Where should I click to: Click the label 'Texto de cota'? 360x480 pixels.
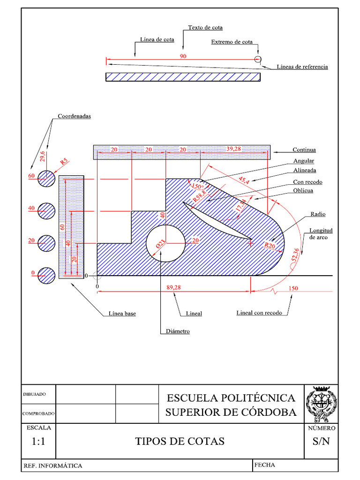[x=205, y=28]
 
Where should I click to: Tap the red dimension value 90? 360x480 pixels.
[x=183, y=56]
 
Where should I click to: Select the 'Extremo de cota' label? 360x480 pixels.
[x=232, y=42]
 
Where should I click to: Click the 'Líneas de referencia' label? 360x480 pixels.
[x=302, y=67]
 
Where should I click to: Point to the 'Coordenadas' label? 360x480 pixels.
[x=74, y=116]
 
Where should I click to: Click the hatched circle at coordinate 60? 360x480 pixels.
[x=46, y=178]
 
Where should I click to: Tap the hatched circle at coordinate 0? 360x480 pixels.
[x=46, y=275]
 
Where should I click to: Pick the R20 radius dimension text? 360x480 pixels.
[x=270, y=245]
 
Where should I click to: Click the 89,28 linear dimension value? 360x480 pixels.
[x=173, y=288]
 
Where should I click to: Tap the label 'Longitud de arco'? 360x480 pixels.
[x=321, y=234]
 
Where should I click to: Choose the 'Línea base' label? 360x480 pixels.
[x=119, y=314]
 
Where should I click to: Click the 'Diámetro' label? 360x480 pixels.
[x=178, y=331]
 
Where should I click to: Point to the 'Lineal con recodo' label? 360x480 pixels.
[x=259, y=313]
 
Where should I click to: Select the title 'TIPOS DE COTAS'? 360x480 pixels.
[x=180, y=441]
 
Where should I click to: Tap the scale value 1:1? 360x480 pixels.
[x=38, y=441]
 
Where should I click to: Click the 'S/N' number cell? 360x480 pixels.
[x=321, y=441]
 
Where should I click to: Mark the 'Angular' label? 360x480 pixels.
[x=303, y=161]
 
